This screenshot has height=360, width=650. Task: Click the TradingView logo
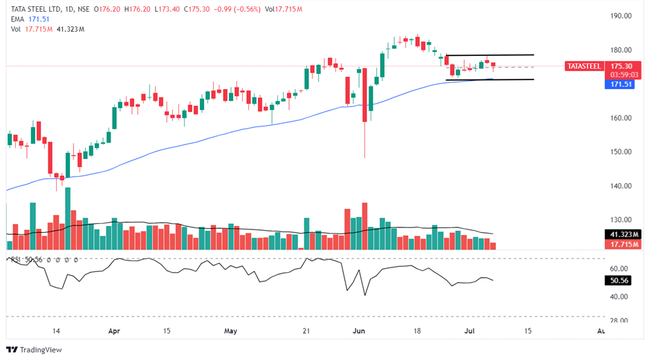[35, 350]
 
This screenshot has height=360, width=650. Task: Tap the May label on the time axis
[231, 331]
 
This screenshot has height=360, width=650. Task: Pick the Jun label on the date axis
[360, 331]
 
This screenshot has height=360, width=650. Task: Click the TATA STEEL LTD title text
[39, 10]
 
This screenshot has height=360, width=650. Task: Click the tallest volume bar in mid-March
[68, 218]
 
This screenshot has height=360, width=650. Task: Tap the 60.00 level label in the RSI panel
[617, 269]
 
